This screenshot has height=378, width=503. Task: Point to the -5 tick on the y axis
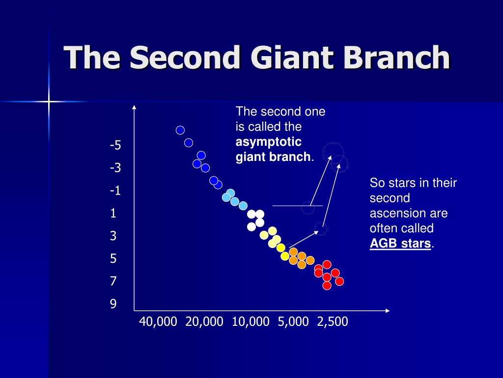(x=115, y=145)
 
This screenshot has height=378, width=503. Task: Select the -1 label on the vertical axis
(x=115, y=190)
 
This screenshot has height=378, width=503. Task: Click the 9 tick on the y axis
(x=113, y=304)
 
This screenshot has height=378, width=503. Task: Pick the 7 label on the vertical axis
(x=113, y=281)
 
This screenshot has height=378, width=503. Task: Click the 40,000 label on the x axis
(x=158, y=322)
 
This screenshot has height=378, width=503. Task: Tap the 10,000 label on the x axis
(x=251, y=322)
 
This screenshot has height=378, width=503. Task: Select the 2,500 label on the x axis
(x=333, y=322)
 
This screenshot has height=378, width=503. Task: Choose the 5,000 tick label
(x=293, y=322)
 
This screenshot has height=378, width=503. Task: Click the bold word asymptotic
(x=269, y=142)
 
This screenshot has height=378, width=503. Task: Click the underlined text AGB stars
(x=400, y=243)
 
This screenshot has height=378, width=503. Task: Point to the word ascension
(x=409, y=213)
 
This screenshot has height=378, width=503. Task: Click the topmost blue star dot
(x=180, y=130)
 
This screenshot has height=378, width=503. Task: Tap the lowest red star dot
(x=327, y=285)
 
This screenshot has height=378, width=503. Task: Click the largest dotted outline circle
(x=333, y=143)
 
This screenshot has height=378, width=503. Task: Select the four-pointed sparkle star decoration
(x=49, y=101)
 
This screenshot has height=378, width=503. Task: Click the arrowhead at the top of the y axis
(x=135, y=107)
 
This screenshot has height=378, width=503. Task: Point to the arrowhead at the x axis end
(x=388, y=311)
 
